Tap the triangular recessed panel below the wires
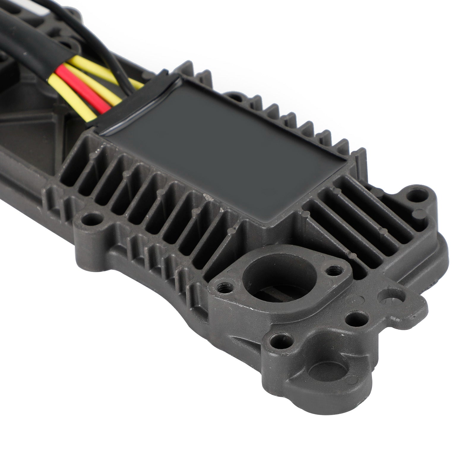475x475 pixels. click(30, 128)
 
